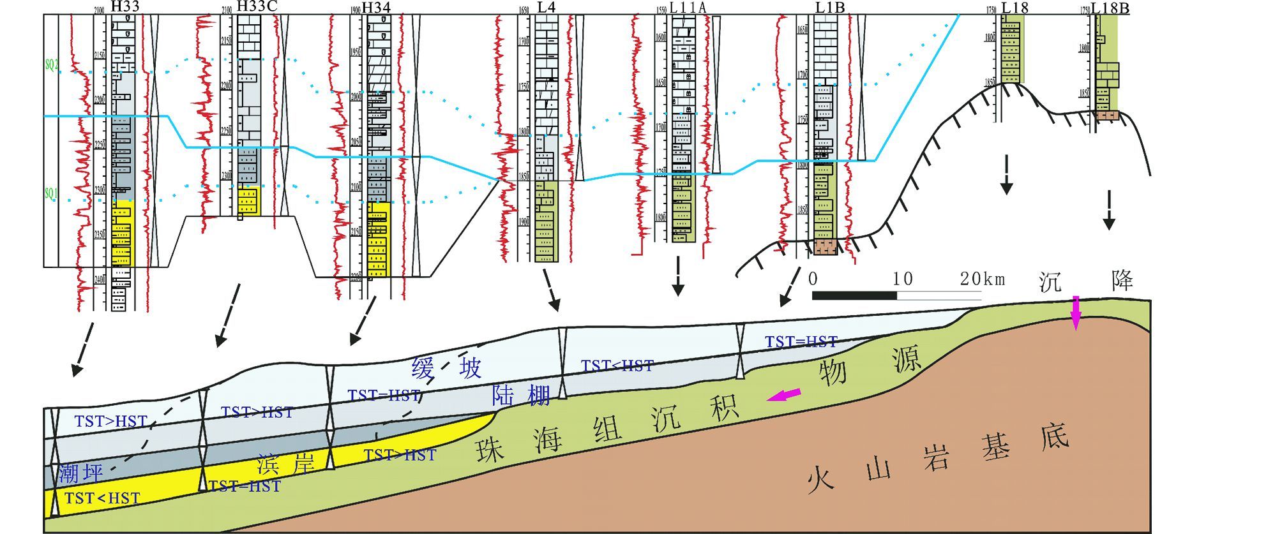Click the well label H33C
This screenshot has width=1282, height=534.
click(253, 7)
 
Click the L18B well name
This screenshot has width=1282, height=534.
click(1109, 7)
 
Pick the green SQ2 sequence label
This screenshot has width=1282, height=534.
click(52, 64)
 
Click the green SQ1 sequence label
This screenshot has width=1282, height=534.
click(52, 192)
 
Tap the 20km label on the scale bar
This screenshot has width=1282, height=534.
click(983, 279)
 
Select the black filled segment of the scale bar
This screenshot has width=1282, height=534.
click(854, 295)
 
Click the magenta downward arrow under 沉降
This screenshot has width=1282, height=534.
click(1076, 313)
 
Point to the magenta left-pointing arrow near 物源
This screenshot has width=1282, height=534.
click(783, 395)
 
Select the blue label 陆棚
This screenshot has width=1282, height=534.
click(521, 396)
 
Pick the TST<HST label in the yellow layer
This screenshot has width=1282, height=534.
click(102, 498)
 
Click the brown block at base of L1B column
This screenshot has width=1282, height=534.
click(824, 247)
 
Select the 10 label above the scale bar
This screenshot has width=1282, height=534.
click(902, 279)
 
